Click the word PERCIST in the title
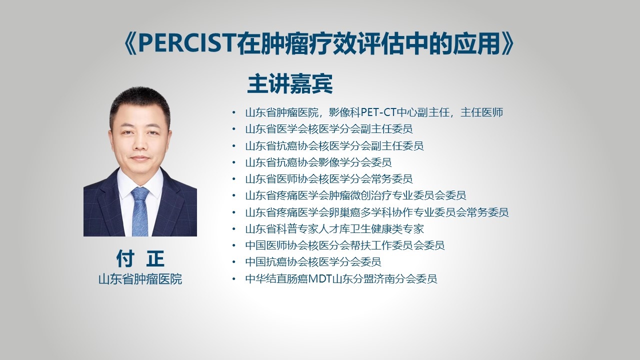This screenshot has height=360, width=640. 187,43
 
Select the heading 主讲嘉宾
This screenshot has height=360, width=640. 290,84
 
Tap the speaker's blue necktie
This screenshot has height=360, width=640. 140,211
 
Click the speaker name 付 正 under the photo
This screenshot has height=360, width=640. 140,258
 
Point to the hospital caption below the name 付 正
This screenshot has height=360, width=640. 140,279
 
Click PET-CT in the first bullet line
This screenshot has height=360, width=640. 379,112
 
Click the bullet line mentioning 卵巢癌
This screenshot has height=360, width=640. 377,212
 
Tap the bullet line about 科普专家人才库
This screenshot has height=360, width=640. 334,229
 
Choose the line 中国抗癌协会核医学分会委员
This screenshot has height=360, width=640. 313,262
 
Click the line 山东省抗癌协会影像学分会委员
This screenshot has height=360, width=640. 318,162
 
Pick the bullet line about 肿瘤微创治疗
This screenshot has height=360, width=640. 355,195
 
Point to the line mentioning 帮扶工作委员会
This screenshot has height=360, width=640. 345,245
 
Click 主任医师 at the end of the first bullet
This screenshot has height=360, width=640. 481,112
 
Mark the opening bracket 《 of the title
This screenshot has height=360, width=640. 130,43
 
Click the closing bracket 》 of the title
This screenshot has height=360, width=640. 508,43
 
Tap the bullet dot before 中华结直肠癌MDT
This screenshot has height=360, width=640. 234,279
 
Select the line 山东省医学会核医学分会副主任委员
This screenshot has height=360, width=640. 329,129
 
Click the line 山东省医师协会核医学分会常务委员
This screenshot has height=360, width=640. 329,179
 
